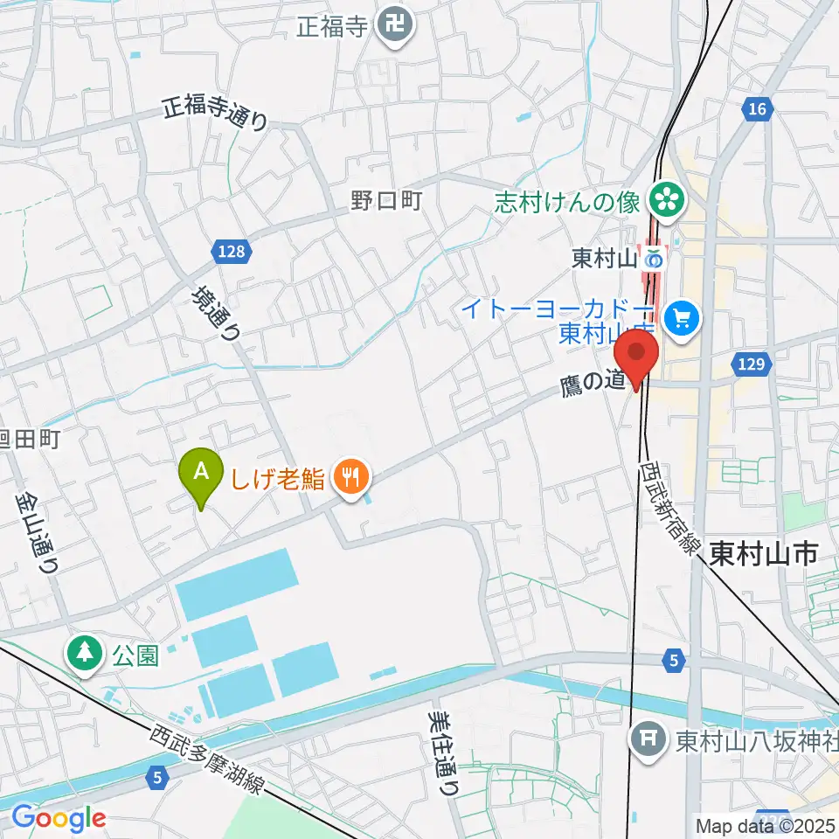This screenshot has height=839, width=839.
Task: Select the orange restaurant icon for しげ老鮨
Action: [x=352, y=477]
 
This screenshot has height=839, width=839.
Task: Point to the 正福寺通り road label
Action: [x=215, y=114]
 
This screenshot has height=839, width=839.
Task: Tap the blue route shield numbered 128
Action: [x=232, y=252]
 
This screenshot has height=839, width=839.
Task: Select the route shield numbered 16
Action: [x=757, y=109]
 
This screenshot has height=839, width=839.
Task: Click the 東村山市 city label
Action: [x=762, y=553]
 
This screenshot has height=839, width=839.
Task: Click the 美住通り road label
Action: [x=443, y=751]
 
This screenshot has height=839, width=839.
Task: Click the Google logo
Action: [x=58, y=819]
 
